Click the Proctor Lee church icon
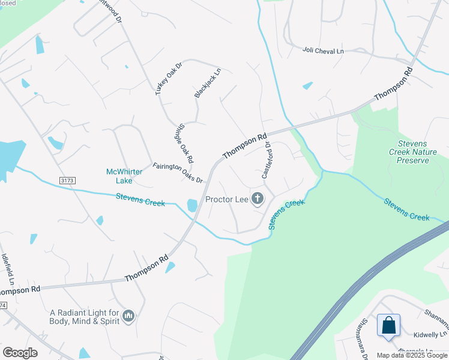258,199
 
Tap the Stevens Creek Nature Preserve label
417,152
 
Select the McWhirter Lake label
124,176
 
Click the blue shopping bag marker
388,325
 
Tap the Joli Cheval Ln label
323,52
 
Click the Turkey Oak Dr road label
167,78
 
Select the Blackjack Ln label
208,83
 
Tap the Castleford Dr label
267,160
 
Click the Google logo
20,353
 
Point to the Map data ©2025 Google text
412,355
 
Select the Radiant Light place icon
128,316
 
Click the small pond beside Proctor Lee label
192,205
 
